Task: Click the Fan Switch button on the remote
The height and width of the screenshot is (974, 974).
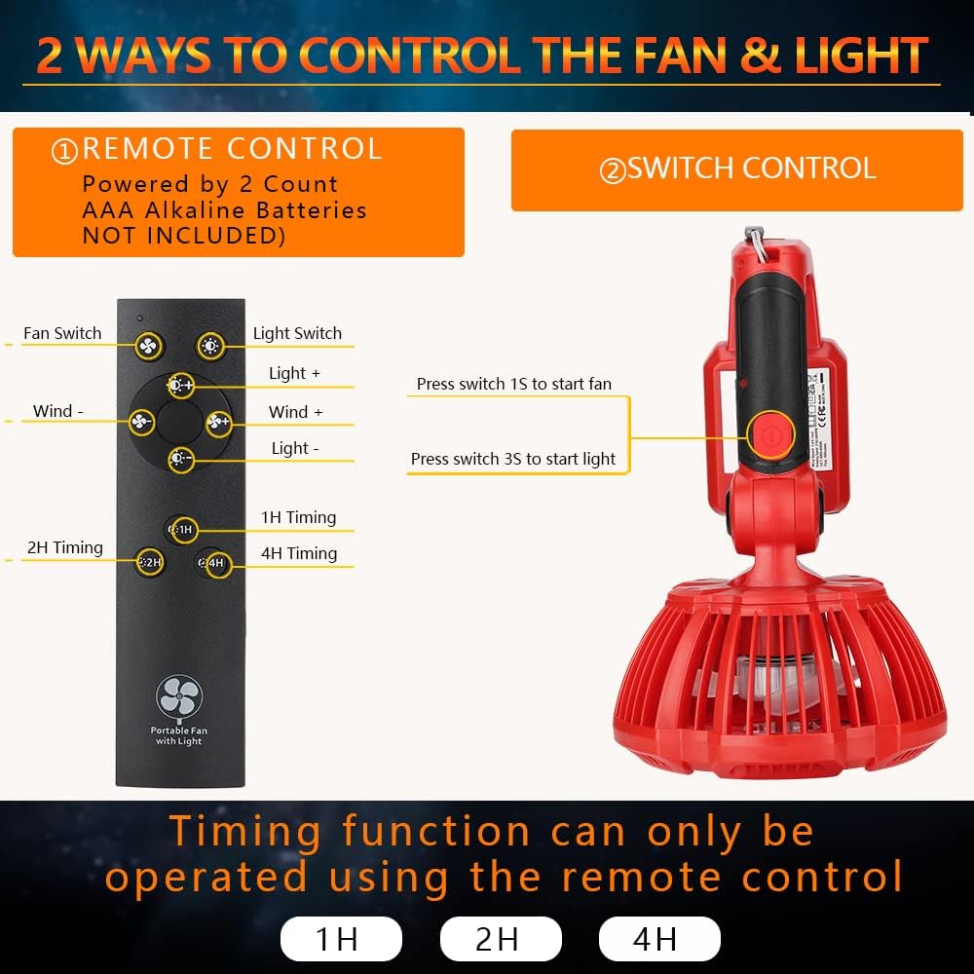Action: click(149, 346)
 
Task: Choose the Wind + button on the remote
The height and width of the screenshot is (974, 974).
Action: click(218, 422)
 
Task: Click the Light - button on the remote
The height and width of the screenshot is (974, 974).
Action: click(180, 458)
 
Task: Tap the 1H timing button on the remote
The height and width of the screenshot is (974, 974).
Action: click(182, 530)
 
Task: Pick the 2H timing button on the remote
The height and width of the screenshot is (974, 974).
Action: click(149, 562)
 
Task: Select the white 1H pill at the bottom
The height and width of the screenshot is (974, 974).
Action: click(341, 939)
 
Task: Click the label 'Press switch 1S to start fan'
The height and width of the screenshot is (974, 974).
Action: click(514, 384)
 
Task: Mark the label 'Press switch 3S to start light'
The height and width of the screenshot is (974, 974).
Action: click(513, 459)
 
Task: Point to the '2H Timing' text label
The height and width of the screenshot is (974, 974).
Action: click(65, 547)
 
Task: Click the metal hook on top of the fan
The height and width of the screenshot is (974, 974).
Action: click(754, 238)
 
